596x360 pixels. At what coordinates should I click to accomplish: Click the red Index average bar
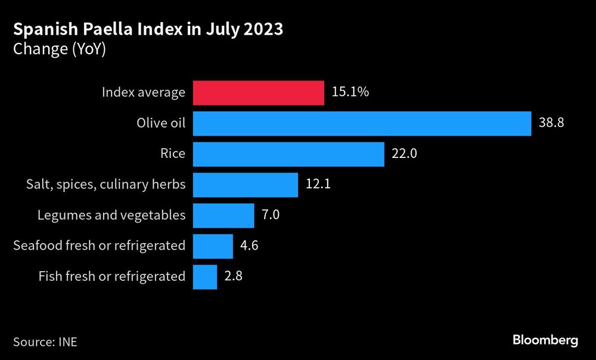pyautogui.click(x=258, y=92)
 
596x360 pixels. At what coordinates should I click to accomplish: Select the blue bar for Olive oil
pyautogui.click(x=362, y=123)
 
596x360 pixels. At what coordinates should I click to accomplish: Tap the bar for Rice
pyautogui.click(x=288, y=154)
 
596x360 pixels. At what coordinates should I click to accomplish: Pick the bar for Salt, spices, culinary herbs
pyautogui.click(x=245, y=185)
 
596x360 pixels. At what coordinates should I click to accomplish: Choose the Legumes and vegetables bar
pyautogui.click(x=223, y=215)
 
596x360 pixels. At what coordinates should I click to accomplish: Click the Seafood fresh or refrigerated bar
pyautogui.click(x=213, y=246)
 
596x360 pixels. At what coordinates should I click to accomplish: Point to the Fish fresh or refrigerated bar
pyautogui.click(x=205, y=277)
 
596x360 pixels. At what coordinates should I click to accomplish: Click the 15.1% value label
pyautogui.click(x=350, y=92)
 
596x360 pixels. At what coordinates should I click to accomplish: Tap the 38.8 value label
pyautogui.click(x=551, y=123)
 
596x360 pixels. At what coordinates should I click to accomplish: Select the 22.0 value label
pyautogui.click(x=404, y=154)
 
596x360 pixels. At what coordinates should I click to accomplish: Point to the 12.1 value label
pyautogui.click(x=318, y=185)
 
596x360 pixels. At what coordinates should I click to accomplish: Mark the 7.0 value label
pyautogui.click(x=271, y=215)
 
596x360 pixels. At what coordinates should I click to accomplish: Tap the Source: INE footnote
pyautogui.click(x=45, y=342)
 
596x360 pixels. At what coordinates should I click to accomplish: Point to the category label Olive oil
pyautogui.click(x=160, y=123)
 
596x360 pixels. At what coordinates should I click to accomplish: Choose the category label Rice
pyautogui.click(x=172, y=154)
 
